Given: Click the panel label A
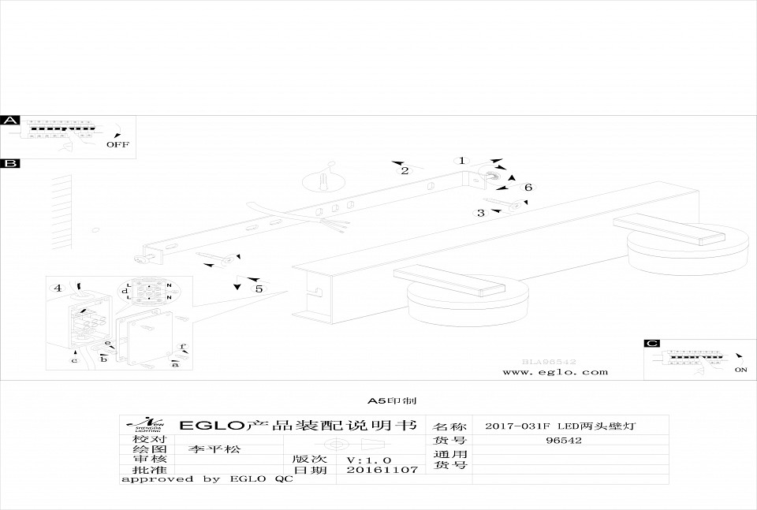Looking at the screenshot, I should point(10,121).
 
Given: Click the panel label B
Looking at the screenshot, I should point(10,163).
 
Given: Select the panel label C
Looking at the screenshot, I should point(652,344).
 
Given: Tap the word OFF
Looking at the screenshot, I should point(117,144).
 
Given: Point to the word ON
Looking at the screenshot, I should point(740,369).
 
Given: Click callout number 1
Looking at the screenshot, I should point(463,161).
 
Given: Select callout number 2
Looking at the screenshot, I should point(405,170).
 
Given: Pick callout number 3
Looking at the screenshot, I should point(480,213).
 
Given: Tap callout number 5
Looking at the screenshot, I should point(258,289).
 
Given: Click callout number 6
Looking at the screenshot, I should point(528,187).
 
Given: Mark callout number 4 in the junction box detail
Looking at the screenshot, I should point(58,288).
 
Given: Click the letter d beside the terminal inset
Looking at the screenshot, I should point(125,291).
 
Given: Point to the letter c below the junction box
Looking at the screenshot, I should point(74,360).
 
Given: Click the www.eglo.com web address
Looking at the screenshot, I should point(555,371).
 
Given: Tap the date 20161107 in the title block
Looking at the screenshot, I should point(371,469).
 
